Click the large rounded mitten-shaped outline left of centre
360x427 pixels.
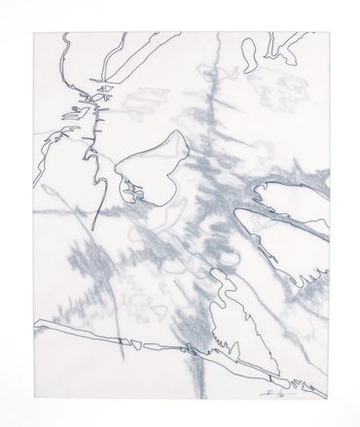(x=151, y=163)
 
